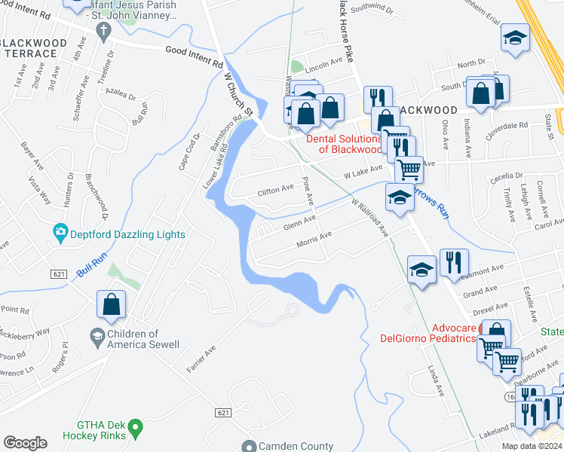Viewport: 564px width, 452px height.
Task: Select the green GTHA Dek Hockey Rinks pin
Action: click(x=136, y=429)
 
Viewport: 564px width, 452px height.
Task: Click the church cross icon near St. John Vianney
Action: click(x=104, y=29)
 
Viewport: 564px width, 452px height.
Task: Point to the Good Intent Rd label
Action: click(x=195, y=52)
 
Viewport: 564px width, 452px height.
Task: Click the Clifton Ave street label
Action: click(x=275, y=189)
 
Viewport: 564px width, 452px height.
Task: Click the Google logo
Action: click(x=25, y=443)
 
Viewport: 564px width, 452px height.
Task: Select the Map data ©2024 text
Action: click(x=531, y=446)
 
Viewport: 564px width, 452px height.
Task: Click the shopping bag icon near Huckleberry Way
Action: click(x=111, y=304)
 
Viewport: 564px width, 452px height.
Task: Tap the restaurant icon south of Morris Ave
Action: click(x=453, y=262)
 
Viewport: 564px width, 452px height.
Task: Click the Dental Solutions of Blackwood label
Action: click(x=344, y=144)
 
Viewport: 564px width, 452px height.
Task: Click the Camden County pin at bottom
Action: click(x=249, y=446)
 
